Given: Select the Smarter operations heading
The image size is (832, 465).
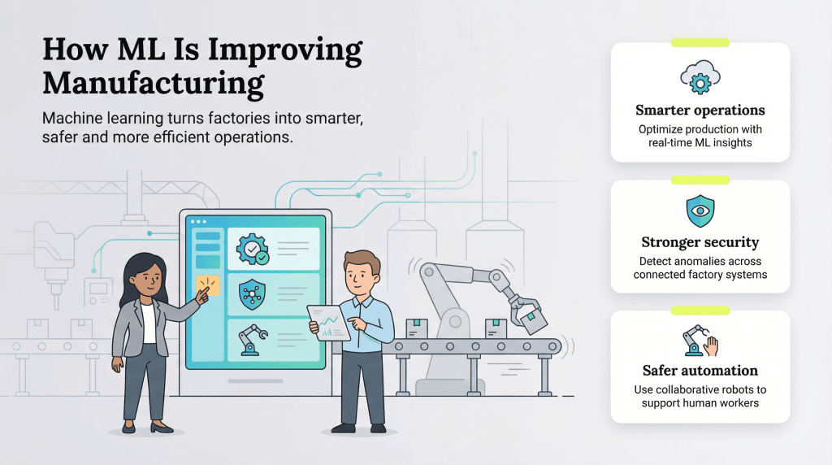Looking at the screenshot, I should (x=700, y=110).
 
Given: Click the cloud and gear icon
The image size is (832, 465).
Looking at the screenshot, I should (x=700, y=78).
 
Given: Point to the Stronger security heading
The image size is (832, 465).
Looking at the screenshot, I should (x=700, y=241).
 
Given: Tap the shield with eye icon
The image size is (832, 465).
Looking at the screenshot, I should (x=700, y=211).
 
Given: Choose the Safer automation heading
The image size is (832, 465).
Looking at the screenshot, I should (x=700, y=371).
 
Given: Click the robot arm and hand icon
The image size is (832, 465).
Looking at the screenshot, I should (x=700, y=341).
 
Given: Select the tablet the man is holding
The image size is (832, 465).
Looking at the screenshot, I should (x=329, y=322).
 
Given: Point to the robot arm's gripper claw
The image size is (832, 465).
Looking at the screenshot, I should (x=523, y=312).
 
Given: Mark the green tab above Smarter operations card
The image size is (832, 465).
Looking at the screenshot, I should (x=700, y=41).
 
